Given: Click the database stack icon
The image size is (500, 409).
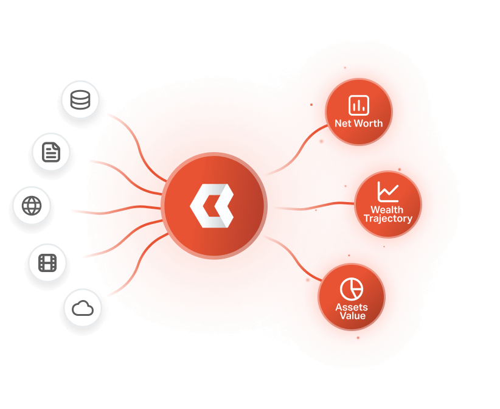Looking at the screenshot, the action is point(80,99).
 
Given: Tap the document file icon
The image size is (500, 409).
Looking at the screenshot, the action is point(51,152).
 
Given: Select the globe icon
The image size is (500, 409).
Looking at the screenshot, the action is point(31,205).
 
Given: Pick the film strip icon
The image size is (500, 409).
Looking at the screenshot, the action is point(47,263).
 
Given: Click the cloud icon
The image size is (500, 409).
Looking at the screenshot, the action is point(82,309).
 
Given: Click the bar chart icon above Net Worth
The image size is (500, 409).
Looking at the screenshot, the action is point(358,105).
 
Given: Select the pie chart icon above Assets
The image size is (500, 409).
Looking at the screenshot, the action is point(351,288).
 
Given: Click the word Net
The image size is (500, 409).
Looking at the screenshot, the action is point(343,124).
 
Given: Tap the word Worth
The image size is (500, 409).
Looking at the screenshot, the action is point(368,124).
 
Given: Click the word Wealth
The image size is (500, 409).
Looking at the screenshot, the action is point(387,210).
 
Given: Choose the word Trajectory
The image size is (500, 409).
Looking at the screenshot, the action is point(387,218).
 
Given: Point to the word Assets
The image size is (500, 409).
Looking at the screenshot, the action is point(351,307).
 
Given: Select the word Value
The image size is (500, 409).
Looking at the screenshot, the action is point(352,316).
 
